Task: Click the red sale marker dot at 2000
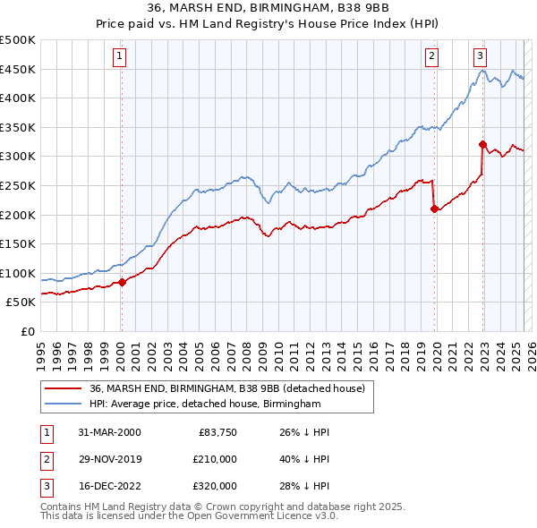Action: pyautogui.click(x=123, y=282)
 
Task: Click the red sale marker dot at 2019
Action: pyautogui.click(x=435, y=209)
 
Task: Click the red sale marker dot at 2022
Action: pyautogui.click(x=482, y=144)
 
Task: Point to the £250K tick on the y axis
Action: pyautogui.click(x=18, y=185)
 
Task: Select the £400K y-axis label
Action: pyautogui.click(x=18, y=98)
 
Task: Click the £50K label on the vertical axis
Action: pyautogui.click(x=21, y=302)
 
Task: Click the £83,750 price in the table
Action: pyautogui.click(x=217, y=432)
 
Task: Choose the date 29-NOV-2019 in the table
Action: pyautogui.click(x=111, y=459)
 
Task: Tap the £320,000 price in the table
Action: pyautogui.click(x=215, y=486)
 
